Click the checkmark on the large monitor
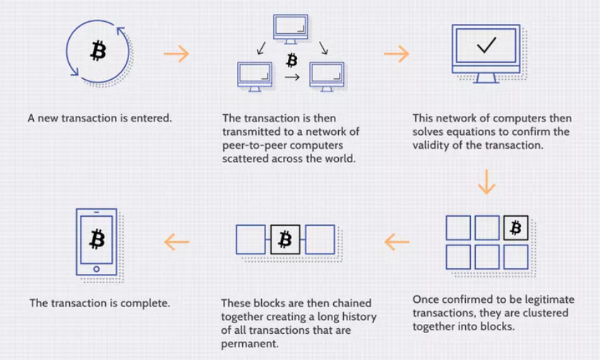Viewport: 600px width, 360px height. click(x=486, y=44)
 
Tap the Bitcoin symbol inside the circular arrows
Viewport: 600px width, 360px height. click(x=98, y=51)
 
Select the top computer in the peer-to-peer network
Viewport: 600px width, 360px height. click(x=290, y=29)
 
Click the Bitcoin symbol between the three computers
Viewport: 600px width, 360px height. click(x=292, y=60)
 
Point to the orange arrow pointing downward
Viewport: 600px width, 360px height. click(x=486, y=181)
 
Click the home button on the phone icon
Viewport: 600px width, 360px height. click(x=97, y=269)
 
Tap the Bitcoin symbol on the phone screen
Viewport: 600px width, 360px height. click(x=97, y=239)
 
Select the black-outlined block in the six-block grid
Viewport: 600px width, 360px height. click(x=515, y=227)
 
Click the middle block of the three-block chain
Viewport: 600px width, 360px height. click(x=285, y=240)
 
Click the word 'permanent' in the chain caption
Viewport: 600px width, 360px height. click(x=249, y=344)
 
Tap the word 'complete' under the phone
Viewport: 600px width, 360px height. click(x=145, y=304)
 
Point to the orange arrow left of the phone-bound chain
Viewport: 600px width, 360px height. click(x=176, y=242)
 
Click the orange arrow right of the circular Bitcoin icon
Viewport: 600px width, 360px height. click(x=176, y=54)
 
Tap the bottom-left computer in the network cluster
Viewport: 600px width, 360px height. click(x=254, y=76)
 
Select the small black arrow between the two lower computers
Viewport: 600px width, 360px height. click(x=292, y=77)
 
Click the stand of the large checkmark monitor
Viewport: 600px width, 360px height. click(x=486, y=78)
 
